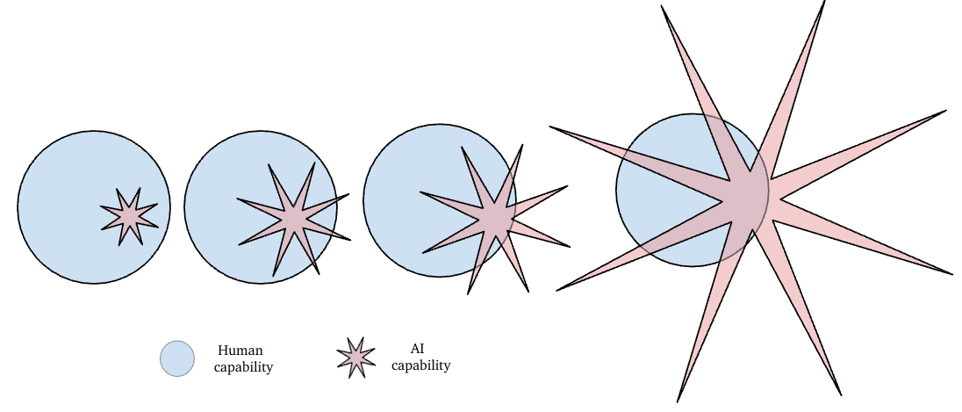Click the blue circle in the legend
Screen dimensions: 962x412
point(176,358)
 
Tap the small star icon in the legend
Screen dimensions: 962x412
point(355,358)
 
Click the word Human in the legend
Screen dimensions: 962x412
point(240,350)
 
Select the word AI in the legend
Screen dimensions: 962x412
point(418,348)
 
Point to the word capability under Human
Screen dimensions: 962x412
point(243,366)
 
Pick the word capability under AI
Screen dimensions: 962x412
point(421,365)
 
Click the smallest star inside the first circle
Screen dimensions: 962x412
point(129,214)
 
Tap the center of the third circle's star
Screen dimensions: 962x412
point(493,216)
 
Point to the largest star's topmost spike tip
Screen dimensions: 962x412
point(824,3)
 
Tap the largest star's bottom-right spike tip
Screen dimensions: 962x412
point(841,394)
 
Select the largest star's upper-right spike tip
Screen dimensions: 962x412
point(945,111)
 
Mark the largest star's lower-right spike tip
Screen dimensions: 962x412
point(951,274)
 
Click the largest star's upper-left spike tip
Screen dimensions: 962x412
point(550,127)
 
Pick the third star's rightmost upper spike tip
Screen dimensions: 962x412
point(567,186)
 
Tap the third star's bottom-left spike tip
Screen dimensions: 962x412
point(469,293)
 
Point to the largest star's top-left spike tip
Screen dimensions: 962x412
point(662,7)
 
